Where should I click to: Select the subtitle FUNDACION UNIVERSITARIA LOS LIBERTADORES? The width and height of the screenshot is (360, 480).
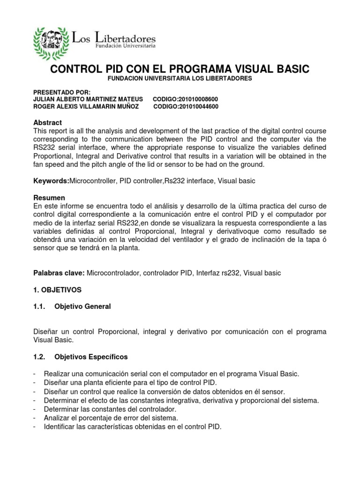click(x=180, y=78)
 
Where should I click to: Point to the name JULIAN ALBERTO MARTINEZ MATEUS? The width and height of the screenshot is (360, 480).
click(x=86, y=99)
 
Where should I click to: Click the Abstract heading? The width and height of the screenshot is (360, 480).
click(x=48, y=122)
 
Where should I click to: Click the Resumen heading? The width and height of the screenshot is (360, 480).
click(x=49, y=198)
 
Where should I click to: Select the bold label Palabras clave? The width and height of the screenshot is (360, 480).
click(x=59, y=272)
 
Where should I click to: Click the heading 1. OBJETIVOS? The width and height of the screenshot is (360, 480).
click(x=58, y=290)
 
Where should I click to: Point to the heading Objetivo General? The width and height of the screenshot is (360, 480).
click(x=83, y=307)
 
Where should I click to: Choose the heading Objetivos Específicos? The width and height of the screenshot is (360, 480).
click(x=91, y=357)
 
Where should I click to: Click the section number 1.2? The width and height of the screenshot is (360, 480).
click(x=39, y=357)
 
